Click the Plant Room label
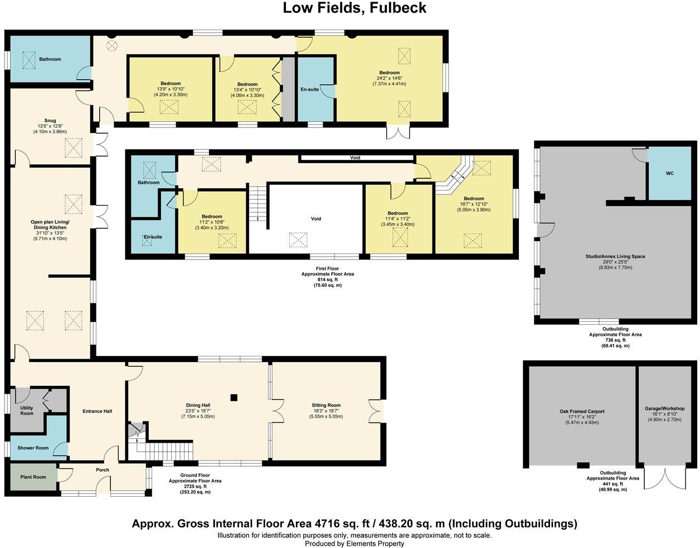click(33, 477)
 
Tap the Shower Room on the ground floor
click(33, 448)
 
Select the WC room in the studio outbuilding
click(670, 173)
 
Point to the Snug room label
click(50, 121)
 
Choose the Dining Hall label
click(198, 405)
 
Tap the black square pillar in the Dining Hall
click(234, 398)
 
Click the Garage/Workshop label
click(664, 408)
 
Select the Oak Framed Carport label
click(582, 411)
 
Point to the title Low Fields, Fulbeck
click(354, 8)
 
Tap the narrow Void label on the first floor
click(355, 158)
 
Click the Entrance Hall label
click(98, 411)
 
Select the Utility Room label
click(27, 410)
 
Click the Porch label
click(103, 470)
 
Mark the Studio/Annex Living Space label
click(615, 257)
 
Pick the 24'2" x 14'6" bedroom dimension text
click(390, 78)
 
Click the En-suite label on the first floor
click(153, 237)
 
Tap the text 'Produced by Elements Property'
click(354, 544)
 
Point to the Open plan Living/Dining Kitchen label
click(50, 224)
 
